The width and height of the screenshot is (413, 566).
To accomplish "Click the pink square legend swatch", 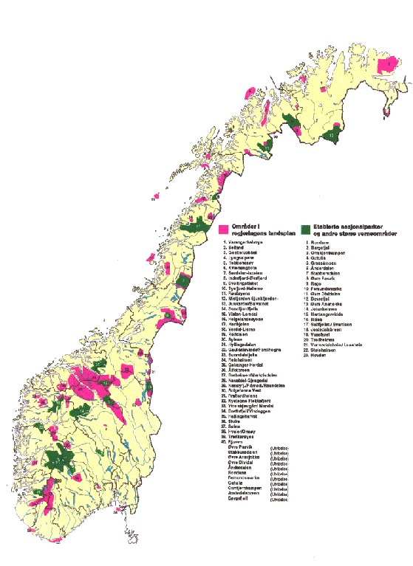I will point(224,227).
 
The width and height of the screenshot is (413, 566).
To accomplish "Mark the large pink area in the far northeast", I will point(387,65).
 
